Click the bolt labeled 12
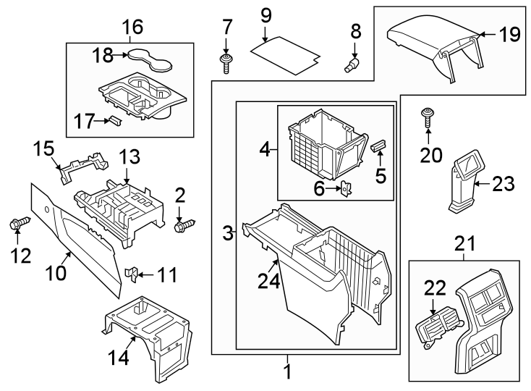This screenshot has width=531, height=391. pyautogui.click(x=19, y=224)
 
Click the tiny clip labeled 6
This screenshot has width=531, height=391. pyautogui.click(x=347, y=189)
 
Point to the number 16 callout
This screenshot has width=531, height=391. pyautogui.click(x=132, y=28)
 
